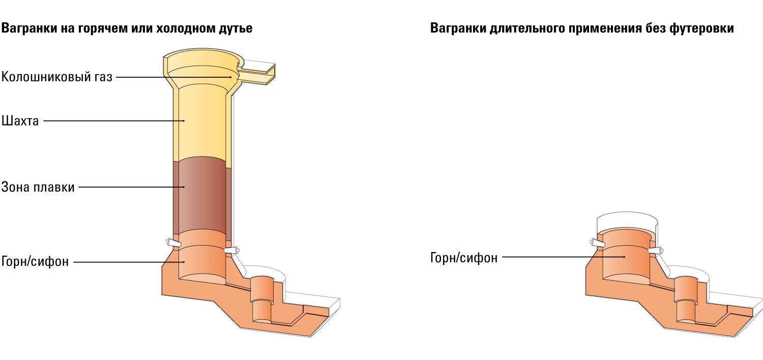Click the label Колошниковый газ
click(57, 77)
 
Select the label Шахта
click(20, 121)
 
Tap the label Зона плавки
click(38, 187)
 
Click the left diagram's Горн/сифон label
click(35, 261)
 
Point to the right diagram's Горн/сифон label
click(464, 258)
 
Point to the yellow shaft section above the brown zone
click(202, 123)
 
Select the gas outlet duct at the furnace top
click(255, 73)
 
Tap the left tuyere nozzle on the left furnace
click(173, 243)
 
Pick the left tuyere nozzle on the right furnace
click(597, 243)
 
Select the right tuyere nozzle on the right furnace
click(655, 251)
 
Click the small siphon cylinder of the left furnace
click(262, 299)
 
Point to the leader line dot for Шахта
click(184, 121)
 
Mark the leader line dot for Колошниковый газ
click(230, 77)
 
